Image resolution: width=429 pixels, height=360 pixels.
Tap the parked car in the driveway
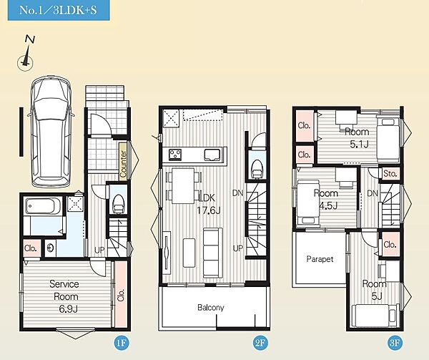pos(51,132)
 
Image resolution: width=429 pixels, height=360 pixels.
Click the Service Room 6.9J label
pos(65,296)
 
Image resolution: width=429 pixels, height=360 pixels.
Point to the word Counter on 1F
pos(123,164)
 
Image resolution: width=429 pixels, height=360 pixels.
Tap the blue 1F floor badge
pos(122,343)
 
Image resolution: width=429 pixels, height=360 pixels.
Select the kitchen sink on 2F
pos(212,155)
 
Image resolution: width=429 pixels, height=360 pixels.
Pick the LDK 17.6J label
pos(209,204)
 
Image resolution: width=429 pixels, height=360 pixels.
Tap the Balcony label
pos(211,308)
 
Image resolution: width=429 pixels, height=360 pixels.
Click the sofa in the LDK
pos(213,253)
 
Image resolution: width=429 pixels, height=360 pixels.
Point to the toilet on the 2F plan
pos(257,169)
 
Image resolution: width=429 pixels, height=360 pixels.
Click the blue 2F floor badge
pos(260,343)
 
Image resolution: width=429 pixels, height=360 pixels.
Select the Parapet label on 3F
pos(320,259)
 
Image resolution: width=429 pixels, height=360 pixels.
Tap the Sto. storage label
pos(390,174)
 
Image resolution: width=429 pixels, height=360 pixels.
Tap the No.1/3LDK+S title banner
pos(59,10)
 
